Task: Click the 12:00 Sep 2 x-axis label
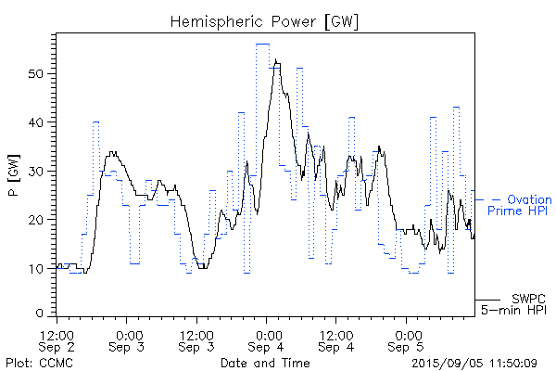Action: (57, 340)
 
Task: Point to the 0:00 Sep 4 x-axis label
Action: (267, 340)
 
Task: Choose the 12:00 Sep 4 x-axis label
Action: (335, 340)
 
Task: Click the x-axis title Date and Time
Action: (265, 363)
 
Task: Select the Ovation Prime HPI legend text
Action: (519, 206)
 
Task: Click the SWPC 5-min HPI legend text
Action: (515, 304)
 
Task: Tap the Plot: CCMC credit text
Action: (34, 363)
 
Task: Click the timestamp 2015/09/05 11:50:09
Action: (474, 363)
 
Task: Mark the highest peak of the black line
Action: (275, 60)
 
